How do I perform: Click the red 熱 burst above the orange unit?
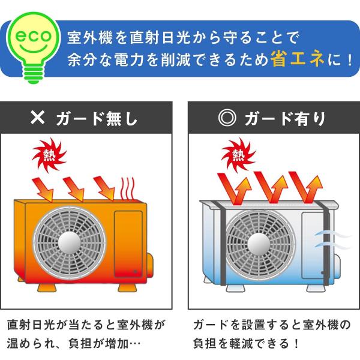[49, 155]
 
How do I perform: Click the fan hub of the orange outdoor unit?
[70, 240]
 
